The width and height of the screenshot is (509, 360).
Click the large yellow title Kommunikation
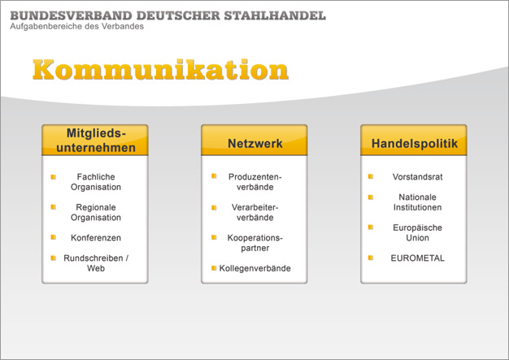[x=160, y=69]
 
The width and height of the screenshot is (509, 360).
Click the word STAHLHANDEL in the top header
[x=275, y=15]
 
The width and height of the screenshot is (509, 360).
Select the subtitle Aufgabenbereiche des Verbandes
[x=77, y=26]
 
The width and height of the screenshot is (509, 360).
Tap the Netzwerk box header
[x=254, y=143]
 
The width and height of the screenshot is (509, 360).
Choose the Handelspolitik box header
[x=415, y=143]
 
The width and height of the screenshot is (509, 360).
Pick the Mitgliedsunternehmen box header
[x=96, y=140]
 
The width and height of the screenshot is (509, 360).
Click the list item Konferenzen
[x=96, y=238]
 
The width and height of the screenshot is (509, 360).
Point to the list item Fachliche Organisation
[x=96, y=181]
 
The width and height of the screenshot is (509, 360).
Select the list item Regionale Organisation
[x=96, y=212]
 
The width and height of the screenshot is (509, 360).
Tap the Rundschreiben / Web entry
[x=96, y=263]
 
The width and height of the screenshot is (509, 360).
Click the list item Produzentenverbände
[x=254, y=181]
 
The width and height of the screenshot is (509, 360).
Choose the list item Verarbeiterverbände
[x=254, y=212]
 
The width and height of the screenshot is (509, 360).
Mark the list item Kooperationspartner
[x=254, y=243]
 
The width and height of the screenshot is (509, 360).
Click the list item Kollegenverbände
[x=254, y=268]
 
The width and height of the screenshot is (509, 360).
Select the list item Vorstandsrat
[x=417, y=177]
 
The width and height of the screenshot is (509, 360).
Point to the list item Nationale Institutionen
[x=417, y=202]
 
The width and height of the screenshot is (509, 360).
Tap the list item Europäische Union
[x=417, y=232]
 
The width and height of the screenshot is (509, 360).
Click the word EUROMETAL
[x=417, y=258]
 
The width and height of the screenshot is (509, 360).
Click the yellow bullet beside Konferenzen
[x=54, y=237]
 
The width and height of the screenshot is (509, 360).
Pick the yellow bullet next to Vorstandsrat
[x=371, y=176]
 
